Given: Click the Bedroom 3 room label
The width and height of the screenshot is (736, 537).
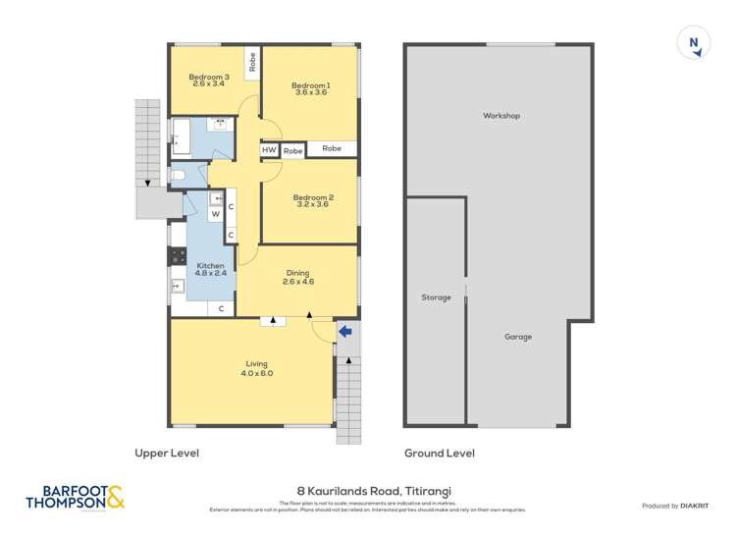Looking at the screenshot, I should [x=209, y=78].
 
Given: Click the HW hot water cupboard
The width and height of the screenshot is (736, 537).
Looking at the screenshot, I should [x=269, y=150].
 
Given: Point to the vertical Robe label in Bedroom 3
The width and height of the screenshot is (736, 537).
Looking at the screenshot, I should [x=252, y=63].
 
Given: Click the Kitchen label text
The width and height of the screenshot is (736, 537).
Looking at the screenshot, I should [x=210, y=266].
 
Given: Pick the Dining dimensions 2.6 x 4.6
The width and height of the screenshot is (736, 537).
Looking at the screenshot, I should [x=297, y=282].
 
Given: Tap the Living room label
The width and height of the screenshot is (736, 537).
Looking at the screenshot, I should [x=257, y=365].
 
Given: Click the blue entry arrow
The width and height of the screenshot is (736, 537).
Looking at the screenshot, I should [x=344, y=333].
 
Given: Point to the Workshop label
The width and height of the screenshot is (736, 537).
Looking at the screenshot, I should [x=500, y=116].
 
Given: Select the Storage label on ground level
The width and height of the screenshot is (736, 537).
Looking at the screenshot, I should [x=436, y=297].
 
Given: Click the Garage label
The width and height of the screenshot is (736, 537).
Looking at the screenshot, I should [x=518, y=337].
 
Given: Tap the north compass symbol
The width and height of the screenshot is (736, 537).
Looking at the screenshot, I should [x=694, y=42].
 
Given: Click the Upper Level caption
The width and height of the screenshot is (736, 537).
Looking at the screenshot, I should [x=167, y=454].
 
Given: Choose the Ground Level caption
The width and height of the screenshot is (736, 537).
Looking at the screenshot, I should [x=440, y=454].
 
